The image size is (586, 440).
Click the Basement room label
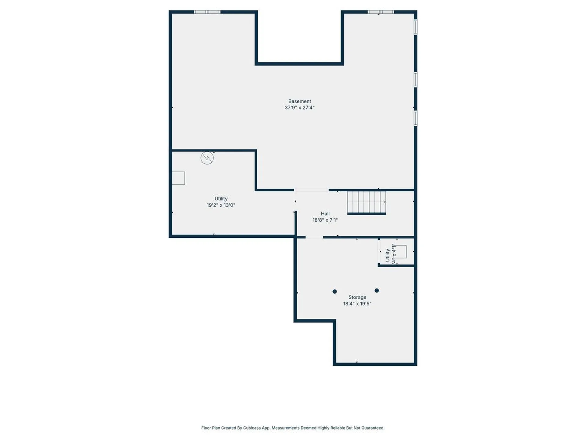point(299,101)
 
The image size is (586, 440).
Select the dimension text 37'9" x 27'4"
point(299,108)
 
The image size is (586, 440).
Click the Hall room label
point(325,214)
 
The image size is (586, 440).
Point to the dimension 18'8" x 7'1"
point(325,220)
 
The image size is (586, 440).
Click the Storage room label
point(357,297)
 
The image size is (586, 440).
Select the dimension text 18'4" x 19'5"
point(357,303)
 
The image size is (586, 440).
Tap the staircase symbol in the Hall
point(366,202)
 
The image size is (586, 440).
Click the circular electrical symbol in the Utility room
point(207,158)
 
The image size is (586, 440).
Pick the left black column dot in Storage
point(335,291)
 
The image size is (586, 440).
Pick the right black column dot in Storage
point(377,291)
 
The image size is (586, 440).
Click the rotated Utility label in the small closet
point(387,255)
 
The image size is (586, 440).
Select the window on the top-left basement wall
point(207,12)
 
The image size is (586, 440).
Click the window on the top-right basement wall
point(381,12)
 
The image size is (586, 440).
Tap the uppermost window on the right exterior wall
point(415,27)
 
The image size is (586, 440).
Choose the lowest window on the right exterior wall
point(415,118)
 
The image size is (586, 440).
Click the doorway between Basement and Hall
point(311,190)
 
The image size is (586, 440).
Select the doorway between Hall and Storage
point(314,237)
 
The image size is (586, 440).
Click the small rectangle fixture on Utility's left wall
point(179,178)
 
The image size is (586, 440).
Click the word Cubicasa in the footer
point(252,428)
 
